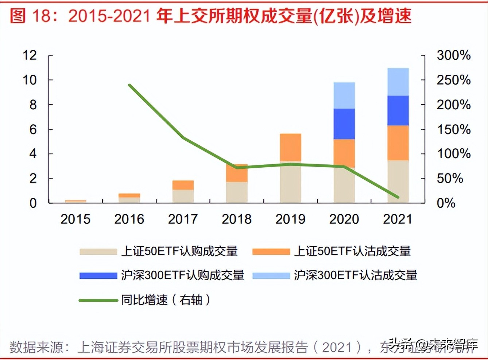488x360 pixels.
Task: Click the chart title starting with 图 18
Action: [210, 16]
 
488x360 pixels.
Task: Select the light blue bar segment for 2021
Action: [398, 82]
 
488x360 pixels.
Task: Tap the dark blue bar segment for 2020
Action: [344, 124]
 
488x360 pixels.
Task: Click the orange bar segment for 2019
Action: [290, 147]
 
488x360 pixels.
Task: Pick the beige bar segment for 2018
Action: [237, 192]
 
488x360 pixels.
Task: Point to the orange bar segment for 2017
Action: [183, 185]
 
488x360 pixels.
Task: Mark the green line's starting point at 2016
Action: [129, 85]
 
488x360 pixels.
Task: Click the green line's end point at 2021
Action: [398, 197]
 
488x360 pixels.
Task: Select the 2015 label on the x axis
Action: [75, 219]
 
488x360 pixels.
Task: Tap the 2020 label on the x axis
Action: [344, 219]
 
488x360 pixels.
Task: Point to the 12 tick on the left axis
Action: [30, 55]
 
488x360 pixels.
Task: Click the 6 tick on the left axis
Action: [33, 129]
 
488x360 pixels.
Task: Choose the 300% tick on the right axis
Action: [453, 55]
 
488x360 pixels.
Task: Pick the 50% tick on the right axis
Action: [450, 179]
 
